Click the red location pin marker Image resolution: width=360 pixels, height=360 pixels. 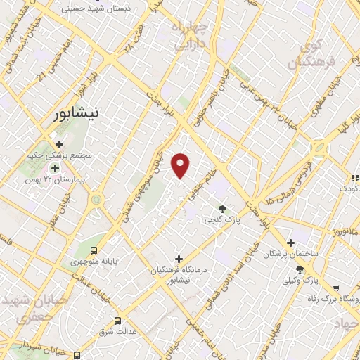click(181, 165)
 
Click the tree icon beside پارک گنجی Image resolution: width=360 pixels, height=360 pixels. click(223, 208)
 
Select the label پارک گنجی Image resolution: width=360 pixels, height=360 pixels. click(224, 220)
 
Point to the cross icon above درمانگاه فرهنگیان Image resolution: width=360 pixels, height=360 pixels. click(179, 259)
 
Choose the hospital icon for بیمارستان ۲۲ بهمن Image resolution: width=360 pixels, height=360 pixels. click(54, 168)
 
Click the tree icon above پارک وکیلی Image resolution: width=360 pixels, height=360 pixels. click(300, 269)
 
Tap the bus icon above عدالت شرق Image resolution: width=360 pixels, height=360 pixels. click(117, 320)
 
